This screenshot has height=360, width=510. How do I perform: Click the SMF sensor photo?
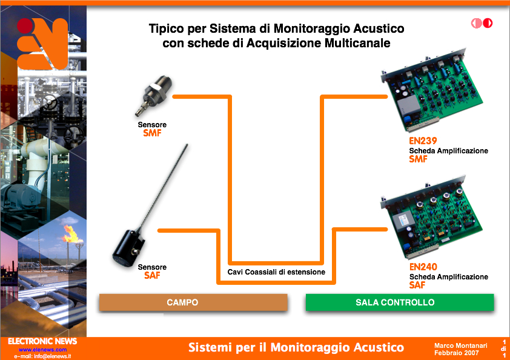coord(153,96)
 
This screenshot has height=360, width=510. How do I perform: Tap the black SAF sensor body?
coord(129,248)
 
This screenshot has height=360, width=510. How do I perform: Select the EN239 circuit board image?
coord(432,90)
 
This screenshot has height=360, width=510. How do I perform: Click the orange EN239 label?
coord(423,141)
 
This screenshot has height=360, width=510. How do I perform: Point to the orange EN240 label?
coord(423,267)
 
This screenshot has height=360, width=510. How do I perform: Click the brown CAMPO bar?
coord(193,302)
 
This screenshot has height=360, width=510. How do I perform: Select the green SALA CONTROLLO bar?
coord(400,302)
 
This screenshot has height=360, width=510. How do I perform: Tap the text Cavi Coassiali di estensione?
coord(276,272)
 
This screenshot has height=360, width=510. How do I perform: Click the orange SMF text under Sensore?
coord(152,133)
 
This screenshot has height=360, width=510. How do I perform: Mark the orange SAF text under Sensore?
coord(152,276)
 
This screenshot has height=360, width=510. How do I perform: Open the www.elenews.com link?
coord(42,350)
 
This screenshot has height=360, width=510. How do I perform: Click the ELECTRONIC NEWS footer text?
coord(42,341)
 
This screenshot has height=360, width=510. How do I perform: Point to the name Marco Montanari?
coord(460,345)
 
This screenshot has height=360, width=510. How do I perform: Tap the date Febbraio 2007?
coord(456,353)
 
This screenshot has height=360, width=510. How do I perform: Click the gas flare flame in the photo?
coord(71,234)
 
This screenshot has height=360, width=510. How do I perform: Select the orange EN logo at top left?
coord(42,44)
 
